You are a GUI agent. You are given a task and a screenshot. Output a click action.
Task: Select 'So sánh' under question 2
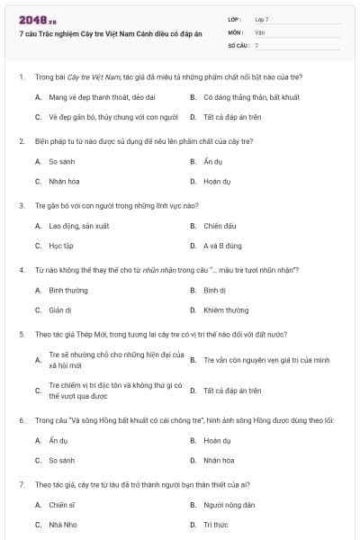tap(61, 162)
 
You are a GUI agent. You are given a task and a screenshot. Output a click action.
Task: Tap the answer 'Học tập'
tap(61, 245)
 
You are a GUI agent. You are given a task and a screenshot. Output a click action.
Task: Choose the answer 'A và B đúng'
tap(220, 245)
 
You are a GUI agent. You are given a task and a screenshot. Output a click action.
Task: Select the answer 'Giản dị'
tap(60, 310)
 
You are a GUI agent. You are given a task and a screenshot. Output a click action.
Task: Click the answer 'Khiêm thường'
tap(225, 310)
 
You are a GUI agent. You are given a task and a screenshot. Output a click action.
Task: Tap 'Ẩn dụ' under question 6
tap(58, 441)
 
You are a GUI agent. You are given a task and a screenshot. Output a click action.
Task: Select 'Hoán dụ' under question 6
tap(217, 441)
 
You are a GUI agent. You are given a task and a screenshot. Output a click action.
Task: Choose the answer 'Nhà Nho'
tap(62, 524)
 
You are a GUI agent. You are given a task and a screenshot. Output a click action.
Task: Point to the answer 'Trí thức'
tap(215, 524)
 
